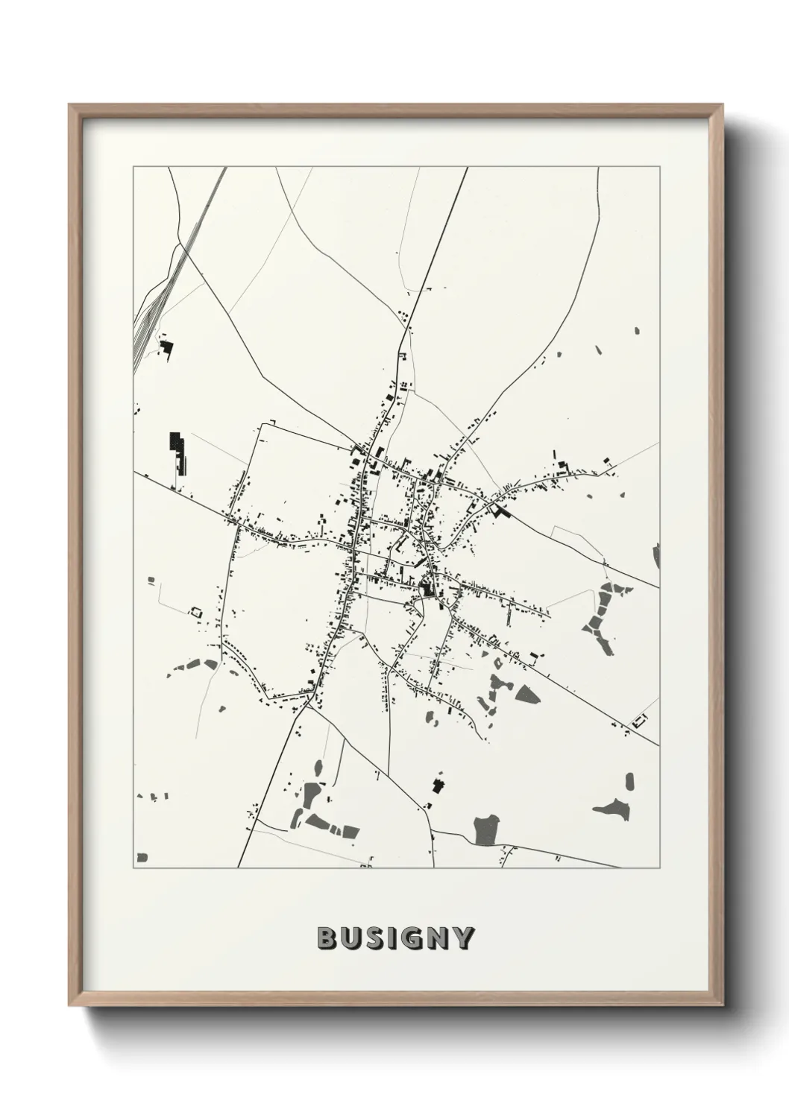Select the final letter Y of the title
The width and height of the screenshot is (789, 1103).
coord(462,938)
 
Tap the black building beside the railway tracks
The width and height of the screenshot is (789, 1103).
coord(166,347)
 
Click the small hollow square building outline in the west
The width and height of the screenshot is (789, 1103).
coord(196,611)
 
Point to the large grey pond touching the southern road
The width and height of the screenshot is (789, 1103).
coord(486,829)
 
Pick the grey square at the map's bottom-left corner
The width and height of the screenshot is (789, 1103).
coord(141,858)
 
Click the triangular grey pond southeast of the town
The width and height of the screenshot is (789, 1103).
coord(527,694)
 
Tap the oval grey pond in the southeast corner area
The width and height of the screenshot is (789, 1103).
coord(629,782)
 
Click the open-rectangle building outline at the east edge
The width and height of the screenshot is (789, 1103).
coord(639,721)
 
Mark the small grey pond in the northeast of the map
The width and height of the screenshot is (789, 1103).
coord(637,329)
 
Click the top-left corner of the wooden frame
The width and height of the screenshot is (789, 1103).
coord(70,106)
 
